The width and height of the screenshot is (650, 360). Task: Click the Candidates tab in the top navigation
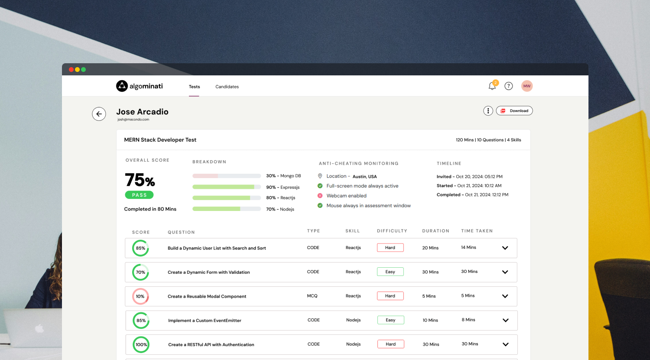(x=227, y=87)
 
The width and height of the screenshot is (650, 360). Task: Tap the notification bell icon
(x=492, y=86)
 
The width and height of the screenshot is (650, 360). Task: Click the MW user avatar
(x=527, y=86)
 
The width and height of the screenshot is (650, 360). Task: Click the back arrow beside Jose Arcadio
(x=99, y=114)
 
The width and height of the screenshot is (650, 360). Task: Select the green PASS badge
(x=139, y=195)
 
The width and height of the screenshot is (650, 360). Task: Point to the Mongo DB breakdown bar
(x=227, y=176)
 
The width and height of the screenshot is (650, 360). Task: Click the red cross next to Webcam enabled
(x=320, y=196)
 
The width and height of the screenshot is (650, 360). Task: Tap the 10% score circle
(x=140, y=296)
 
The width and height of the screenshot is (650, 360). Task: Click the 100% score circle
(x=141, y=345)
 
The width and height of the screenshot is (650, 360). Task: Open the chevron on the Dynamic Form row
(x=505, y=272)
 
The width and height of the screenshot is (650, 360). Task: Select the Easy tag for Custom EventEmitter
(x=390, y=320)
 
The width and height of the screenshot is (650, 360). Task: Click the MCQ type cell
(x=312, y=296)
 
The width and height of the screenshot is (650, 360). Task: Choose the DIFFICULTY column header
(x=392, y=231)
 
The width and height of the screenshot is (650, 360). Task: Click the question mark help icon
(x=509, y=86)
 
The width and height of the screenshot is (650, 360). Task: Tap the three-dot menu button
(x=488, y=111)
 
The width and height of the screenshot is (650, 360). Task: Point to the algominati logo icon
(x=122, y=86)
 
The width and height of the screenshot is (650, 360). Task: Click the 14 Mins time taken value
(x=468, y=247)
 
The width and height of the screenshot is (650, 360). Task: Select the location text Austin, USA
(x=364, y=177)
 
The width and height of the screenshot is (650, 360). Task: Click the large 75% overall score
(x=140, y=180)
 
